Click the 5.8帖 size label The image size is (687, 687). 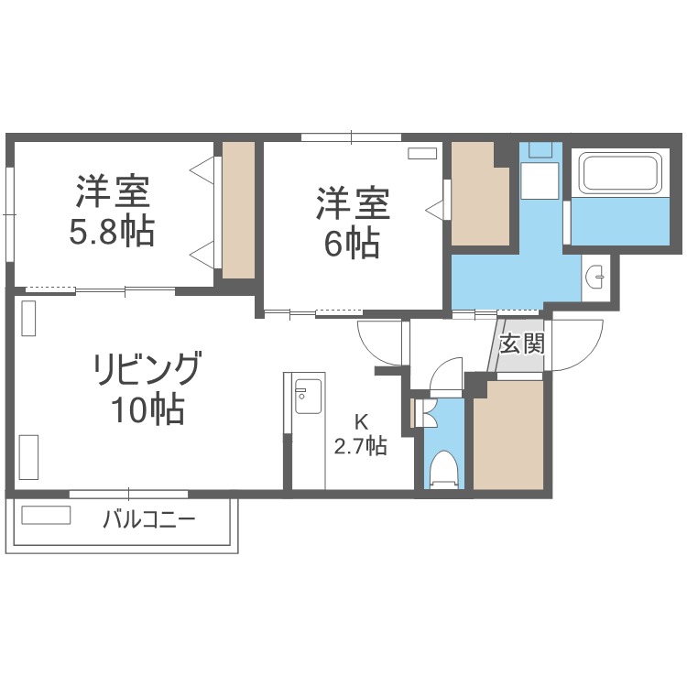[x=112, y=232]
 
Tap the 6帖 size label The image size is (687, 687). [x=354, y=244]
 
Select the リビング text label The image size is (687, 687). [x=147, y=369]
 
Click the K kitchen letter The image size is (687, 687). [x=361, y=422]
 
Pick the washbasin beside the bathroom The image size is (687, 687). [x=596, y=273]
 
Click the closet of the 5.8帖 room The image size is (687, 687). [x=238, y=210]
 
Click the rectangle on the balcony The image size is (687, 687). [x=46, y=516]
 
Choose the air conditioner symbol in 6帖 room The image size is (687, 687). [x=422, y=153]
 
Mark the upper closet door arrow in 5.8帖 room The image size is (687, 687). [x=202, y=169]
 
